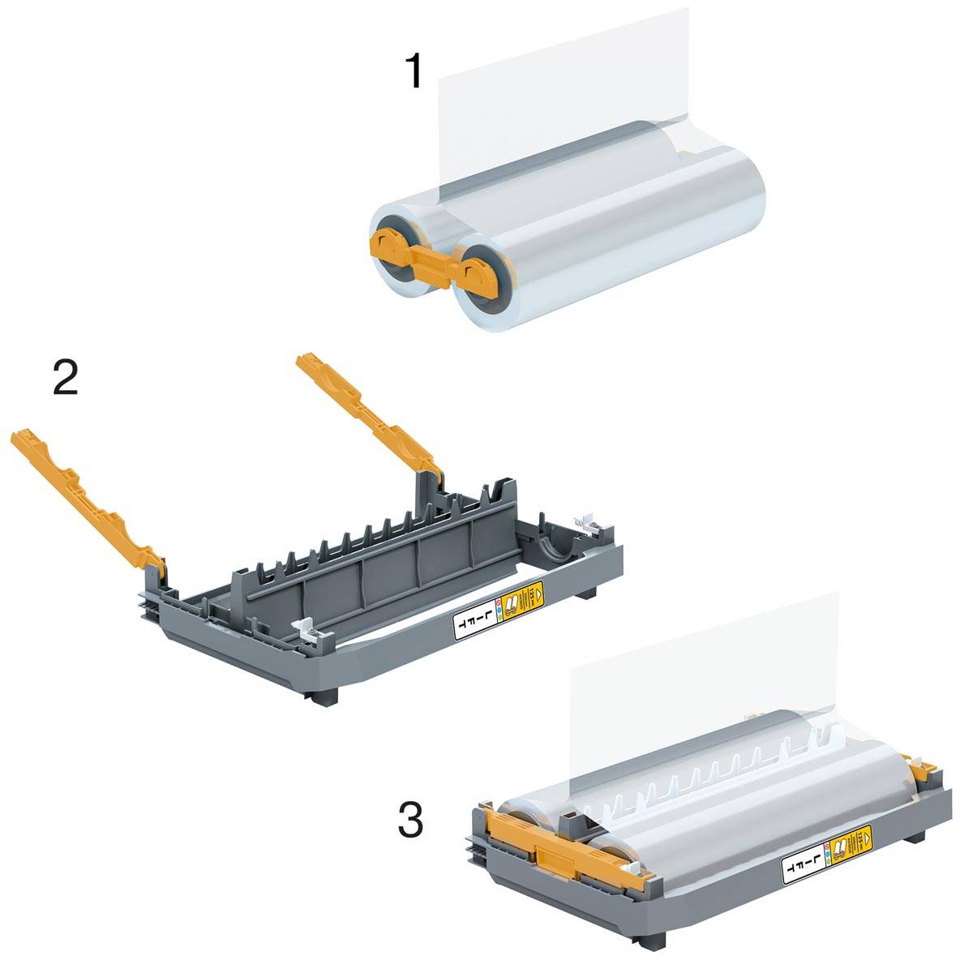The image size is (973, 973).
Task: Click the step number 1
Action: click(414, 71)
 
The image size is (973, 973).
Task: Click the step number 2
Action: click(66, 377)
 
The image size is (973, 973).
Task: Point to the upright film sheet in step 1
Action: click(559, 73)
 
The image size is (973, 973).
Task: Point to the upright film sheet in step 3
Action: click(697, 657)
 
